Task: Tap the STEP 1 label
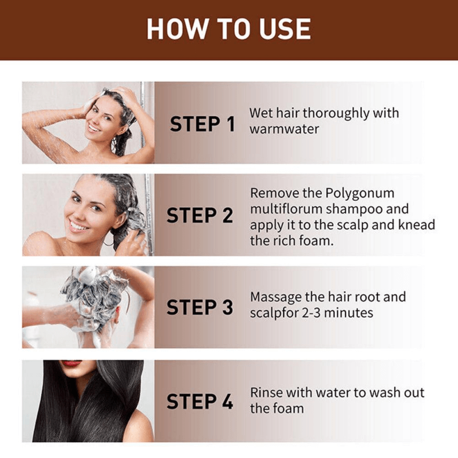(x=202, y=124)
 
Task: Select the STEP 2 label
(x=200, y=216)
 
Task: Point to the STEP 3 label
(x=200, y=307)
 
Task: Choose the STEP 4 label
(x=200, y=401)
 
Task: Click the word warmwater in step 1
(x=284, y=128)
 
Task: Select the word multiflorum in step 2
(x=286, y=209)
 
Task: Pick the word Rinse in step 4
(x=266, y=393)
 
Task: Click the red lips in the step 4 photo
(x=72, y=363)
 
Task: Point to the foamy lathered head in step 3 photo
(x=94, y=292)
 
